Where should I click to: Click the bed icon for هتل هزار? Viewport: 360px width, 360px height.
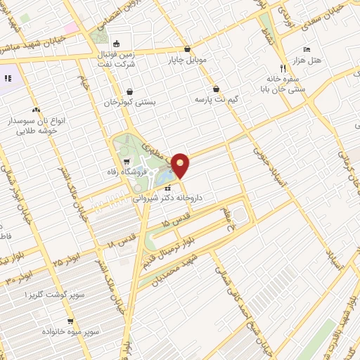tap(306, 49)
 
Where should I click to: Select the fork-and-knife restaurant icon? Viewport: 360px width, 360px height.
tap(283, 68)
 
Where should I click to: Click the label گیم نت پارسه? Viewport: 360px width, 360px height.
tap(218, 100)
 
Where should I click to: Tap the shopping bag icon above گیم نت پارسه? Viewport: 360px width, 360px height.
tap(215, 89)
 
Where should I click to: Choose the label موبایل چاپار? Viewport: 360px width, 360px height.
tap(188, 60)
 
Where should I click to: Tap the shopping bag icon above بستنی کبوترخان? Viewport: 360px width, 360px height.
tap(130, 91)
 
